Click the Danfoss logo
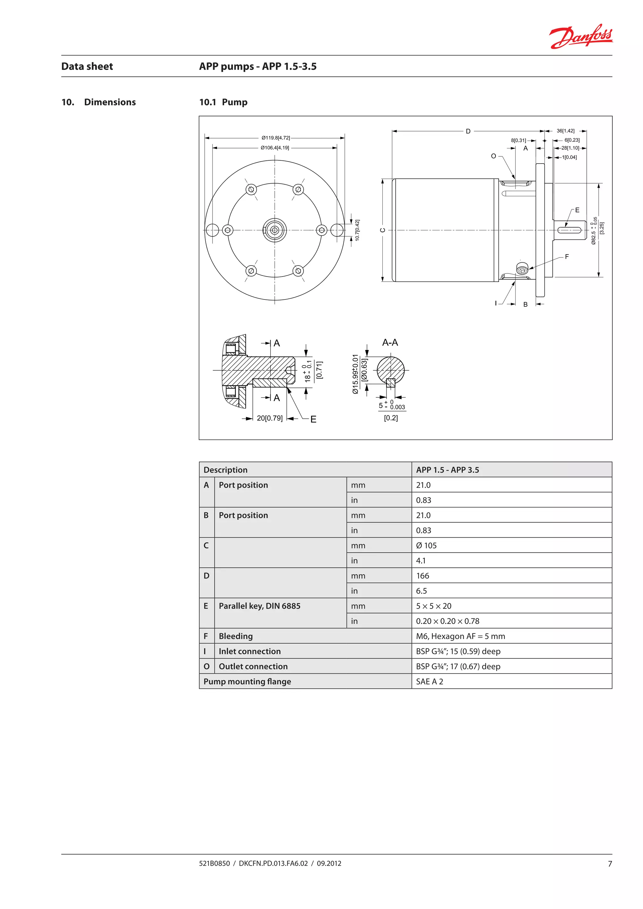(x=581, y=36)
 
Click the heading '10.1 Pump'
(x=223, y=102)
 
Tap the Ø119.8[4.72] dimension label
(x=276, y=138)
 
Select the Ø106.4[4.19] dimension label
(x=275, y=148)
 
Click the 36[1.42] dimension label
(x=565, y=131)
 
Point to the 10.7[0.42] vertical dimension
(x=357, y=230)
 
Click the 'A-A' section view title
(x=390, y=342)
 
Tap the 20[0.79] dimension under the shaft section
(x=270, y=418)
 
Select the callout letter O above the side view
(x=493, y=156)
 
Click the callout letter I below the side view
(x=496, y=303)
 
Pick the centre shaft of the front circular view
(x=275, y=230)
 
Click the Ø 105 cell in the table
(x=426, y=546)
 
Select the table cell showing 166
(x=423, y=576)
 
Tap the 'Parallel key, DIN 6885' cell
(x=260, y=606)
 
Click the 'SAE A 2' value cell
(x=430, y=681)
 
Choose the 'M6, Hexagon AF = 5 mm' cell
(x=461, y=636)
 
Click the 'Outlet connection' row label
(x=253, y=666)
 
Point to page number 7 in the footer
(x=610, y=864)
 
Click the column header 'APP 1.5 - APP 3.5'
(x=447, y=470)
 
